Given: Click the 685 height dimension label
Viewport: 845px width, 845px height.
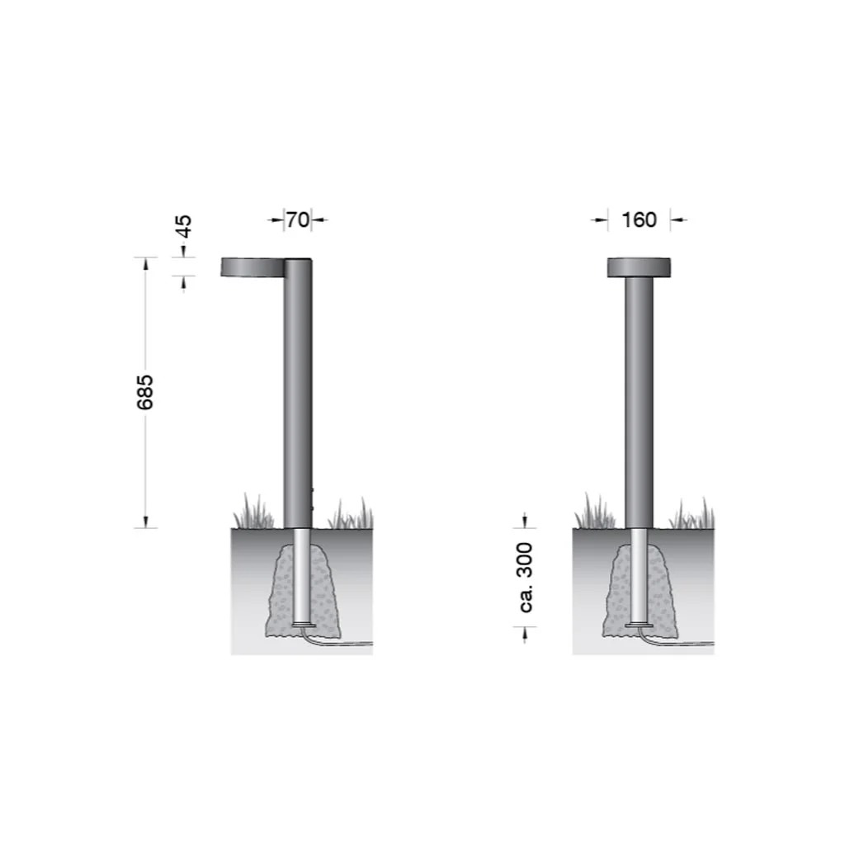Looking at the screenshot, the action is pos(145,392).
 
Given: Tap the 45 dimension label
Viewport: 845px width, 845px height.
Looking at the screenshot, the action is pos(184,226).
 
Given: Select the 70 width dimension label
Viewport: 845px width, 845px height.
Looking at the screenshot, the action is pos(297,220).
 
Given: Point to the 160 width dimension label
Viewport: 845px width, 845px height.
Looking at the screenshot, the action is pos(640,220).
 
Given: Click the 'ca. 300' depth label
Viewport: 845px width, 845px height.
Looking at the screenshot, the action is pos(526,577).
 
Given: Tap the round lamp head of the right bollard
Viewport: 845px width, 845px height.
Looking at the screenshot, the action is pos(640,268).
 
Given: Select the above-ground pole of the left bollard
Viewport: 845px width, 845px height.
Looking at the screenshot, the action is pos(298,394).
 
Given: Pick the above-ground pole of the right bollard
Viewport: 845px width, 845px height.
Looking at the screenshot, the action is pos(640,403).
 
